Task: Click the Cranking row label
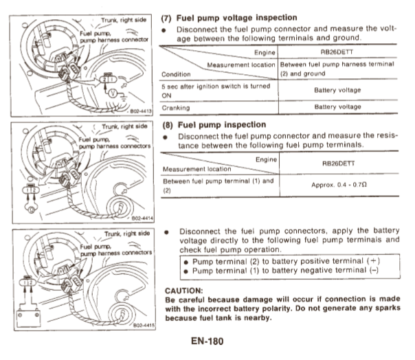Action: click(x=176, y=107)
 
